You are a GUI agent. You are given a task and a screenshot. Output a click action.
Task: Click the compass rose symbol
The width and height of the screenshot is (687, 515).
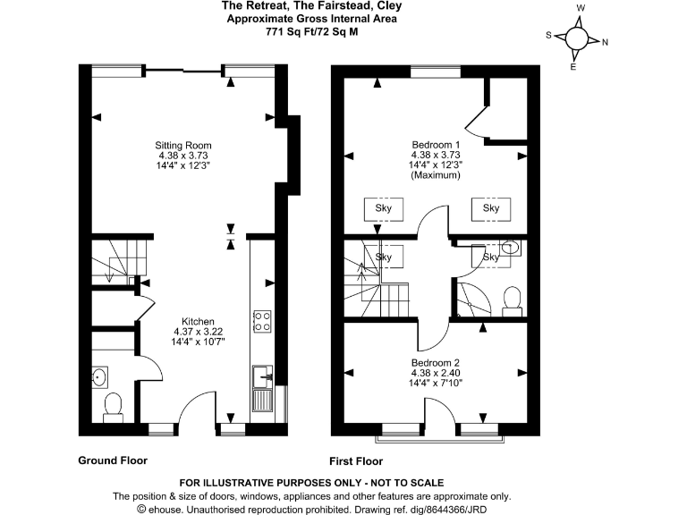(x=577, y=38)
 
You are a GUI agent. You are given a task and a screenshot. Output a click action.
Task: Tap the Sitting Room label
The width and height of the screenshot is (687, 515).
(x=183, y=145)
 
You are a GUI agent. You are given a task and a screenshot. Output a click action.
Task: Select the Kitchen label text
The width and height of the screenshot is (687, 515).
(x=198, y=321)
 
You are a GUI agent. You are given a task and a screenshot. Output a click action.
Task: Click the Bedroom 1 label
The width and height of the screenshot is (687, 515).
(x=436, y=145)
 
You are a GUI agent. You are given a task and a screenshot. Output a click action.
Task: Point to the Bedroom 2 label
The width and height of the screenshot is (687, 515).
(x=436, y=362)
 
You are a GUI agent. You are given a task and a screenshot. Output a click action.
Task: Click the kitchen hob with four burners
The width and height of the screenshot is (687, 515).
(x=263, y=321)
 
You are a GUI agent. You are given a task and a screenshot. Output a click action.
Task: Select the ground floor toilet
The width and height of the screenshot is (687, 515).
(x=114, y=406)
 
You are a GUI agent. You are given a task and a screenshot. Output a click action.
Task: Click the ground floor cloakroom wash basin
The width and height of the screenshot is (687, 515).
(x=100, y=376)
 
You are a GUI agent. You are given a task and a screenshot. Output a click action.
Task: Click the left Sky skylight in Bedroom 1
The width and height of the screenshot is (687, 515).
(x=384, y=208)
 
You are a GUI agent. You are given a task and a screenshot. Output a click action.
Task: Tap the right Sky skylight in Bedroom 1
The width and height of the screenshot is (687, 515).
(x=491, y=208)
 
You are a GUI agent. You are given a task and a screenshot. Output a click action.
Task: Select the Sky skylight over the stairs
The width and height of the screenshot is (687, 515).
(x=384, y=257)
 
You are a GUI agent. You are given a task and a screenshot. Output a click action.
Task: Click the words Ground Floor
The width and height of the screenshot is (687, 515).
(x=113, y=460)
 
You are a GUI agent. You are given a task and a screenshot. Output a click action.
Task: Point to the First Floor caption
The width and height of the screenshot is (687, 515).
(x=356, y=461)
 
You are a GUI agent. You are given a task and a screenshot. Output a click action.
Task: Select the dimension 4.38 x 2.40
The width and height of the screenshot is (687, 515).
(x=436, y=373)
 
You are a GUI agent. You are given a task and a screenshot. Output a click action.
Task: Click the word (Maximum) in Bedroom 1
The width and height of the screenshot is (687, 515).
(x=436, y=175)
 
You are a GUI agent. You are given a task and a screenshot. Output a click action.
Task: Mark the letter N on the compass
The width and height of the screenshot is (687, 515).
(x=605, y=42)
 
